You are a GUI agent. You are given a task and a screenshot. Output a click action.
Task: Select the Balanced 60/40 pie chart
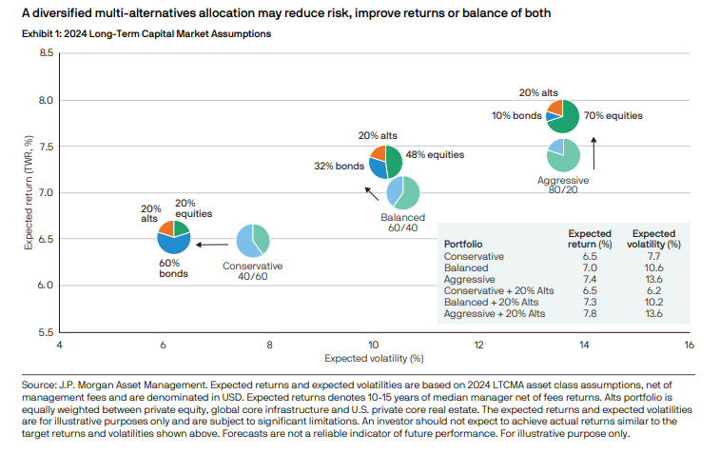pyautogui.click(x=403, y=193)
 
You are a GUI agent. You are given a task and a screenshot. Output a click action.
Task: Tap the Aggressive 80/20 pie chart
pyautogui.click(x=563, y=155)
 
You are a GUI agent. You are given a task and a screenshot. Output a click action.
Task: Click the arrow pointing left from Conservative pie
pyautogui.click(x=211, y=245)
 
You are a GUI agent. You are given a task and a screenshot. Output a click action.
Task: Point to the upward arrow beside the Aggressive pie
pyautogui.click(x=594, y=150)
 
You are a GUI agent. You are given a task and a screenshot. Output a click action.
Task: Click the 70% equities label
pyautogui.click(x=613, y=115)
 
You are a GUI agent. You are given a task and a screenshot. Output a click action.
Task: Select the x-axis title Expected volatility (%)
pyautogui.click(x=374, y=359)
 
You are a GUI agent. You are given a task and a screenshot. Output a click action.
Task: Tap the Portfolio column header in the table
pyautogui.click(x=463, y=244)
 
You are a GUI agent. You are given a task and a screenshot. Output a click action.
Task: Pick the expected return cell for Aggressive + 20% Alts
pyautogui.click(x=589, y=313)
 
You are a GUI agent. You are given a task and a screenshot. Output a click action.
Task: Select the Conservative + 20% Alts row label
pyautogui.click(x=495, y=290)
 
